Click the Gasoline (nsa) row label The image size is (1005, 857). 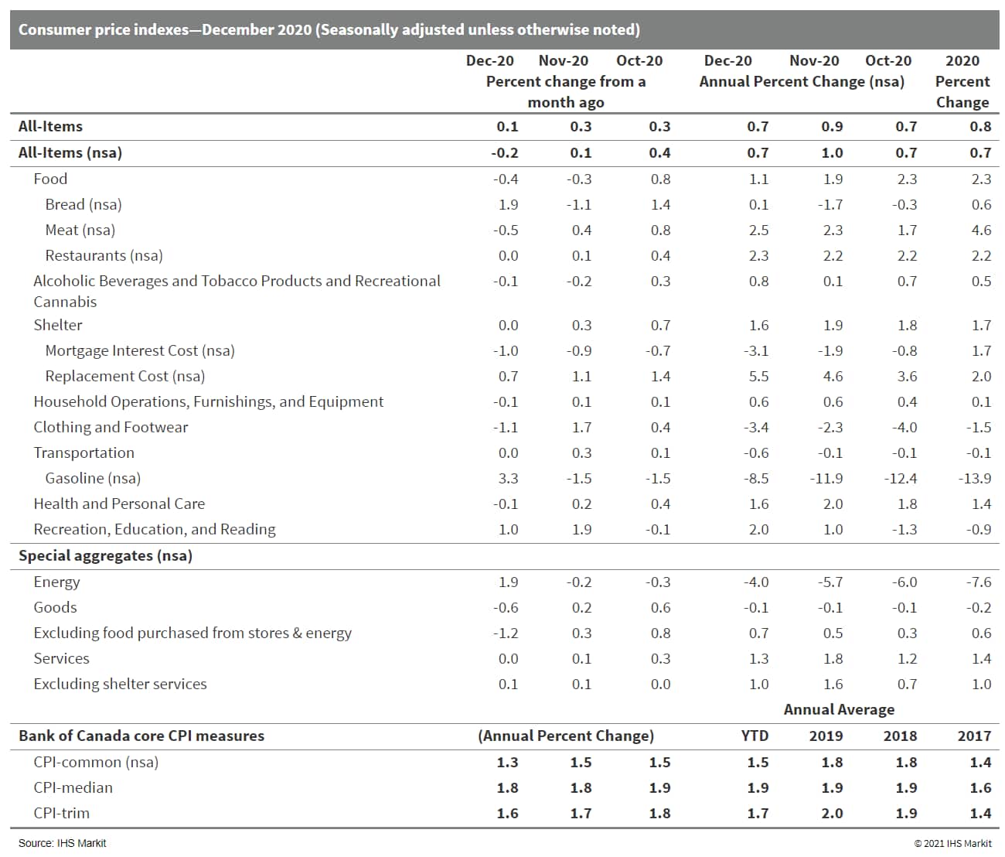(93, 478)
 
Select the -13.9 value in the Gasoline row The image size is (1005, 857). (974, 478)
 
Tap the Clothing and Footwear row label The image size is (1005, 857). (111, 427)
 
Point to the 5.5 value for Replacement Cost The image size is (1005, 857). (758, 376)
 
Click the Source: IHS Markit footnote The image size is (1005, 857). (62, 843)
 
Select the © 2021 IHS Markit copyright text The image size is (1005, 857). (952, 843)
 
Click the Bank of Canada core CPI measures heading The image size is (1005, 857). (141, 736)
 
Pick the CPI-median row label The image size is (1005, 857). (73, 787)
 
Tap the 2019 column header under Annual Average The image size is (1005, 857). (826, 736)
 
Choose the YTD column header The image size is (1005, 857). (755, 736)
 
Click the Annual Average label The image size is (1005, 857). (839, 709)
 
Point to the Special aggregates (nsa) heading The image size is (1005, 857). (105, 555)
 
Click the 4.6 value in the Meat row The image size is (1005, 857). (981, 230)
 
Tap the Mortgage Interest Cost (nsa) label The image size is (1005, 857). (140, 350)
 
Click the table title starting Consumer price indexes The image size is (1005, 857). (329, 29)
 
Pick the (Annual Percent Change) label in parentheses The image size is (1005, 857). (566, 736)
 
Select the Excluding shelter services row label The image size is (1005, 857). (120, 684)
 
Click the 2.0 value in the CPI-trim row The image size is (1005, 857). (832, 813)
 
